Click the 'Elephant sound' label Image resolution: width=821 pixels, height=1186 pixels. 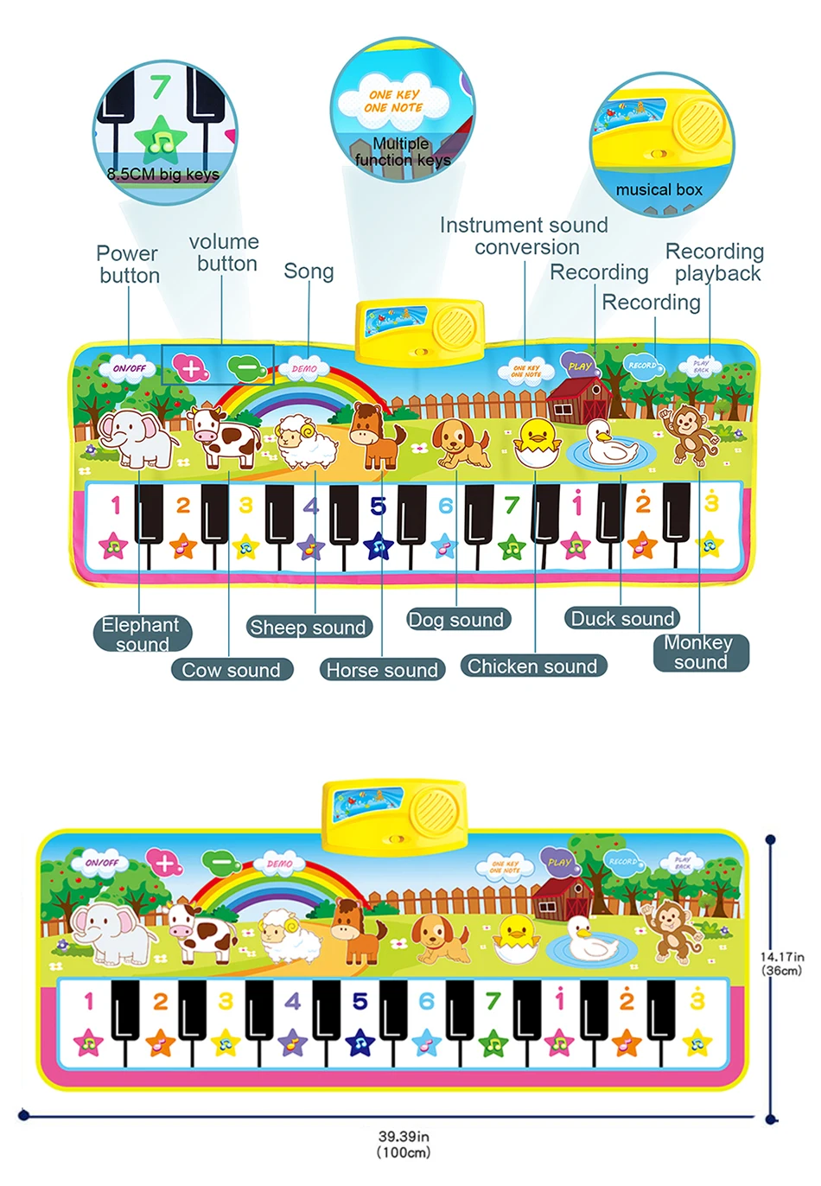click(x=142, y=634)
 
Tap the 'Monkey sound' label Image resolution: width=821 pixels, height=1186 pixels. click(x=700, y=653)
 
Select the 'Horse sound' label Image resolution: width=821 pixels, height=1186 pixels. click(x=382, y=670)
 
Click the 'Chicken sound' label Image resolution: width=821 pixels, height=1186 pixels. click(x=532, y=666)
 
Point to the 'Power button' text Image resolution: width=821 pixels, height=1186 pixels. click(x=129, y=265)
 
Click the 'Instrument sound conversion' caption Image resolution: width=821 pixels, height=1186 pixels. click(x=524, y=236)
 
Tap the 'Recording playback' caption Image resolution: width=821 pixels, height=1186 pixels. click(x=716, y=262)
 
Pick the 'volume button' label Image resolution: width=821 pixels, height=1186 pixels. click(x=225, y=252)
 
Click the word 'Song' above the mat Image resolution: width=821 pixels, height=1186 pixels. click(x=309, y=271)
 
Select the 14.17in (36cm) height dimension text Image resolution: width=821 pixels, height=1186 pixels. click(x=782, y=963)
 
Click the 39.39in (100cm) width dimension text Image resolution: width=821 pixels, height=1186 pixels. click(x=404, y=1144)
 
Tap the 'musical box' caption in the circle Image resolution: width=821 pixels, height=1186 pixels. click(x=659, y=189)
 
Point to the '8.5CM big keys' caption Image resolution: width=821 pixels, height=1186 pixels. click(x=163, y=175)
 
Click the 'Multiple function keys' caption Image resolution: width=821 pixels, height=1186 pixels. click(x=402, y=151)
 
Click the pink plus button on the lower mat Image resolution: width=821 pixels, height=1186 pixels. click(x=162, y=862)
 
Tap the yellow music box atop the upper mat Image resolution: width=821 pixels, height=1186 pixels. click(x=419, y=329)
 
